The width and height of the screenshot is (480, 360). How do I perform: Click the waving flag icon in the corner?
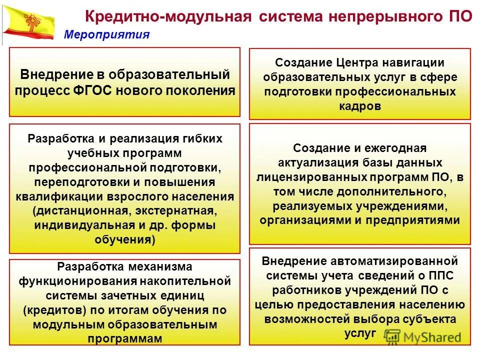(28, 22)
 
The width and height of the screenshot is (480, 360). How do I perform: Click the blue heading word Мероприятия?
(107, 34)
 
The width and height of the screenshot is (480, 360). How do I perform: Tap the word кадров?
(360, 106)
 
